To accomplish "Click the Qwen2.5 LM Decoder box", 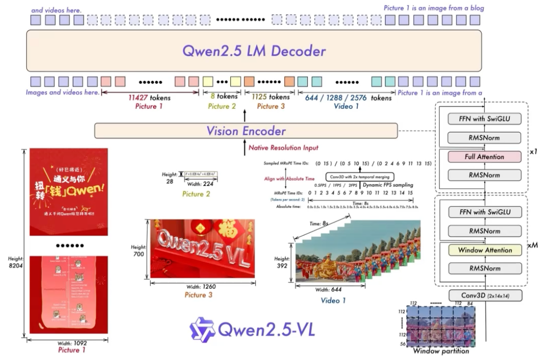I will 254,51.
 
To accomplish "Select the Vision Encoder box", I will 246,131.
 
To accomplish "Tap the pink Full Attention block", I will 484,157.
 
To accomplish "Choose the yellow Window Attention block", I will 484,250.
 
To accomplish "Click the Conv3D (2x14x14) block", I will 484,296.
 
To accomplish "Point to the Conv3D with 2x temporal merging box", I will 359,177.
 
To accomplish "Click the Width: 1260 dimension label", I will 201,287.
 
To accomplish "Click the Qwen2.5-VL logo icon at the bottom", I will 202,328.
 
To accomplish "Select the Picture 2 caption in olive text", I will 196,194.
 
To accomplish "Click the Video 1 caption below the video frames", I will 333,300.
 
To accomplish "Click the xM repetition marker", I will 533,245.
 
